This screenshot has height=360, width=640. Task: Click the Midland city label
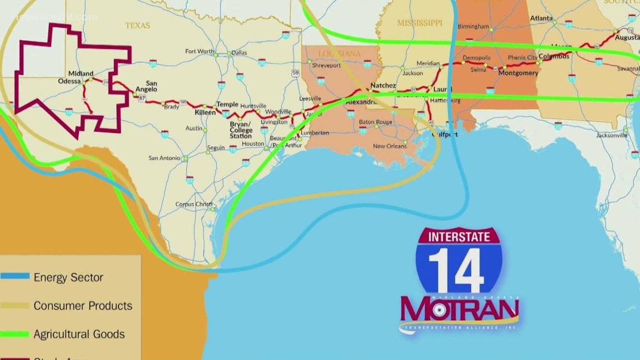[x=80, y=74]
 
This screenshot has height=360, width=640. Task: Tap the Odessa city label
[x=70, y=81]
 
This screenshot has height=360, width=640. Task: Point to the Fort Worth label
[x=199, y=52]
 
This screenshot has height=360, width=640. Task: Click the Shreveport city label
[x=326, y=65]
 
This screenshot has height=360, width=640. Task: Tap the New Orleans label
[x=390, y=147]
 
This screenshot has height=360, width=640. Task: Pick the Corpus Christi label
[x=194, y=204]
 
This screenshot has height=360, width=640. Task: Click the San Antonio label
[x=164, y=158]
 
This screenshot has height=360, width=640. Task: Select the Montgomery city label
[x=518, y=73]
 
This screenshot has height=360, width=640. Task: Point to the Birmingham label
[x=473, y=26]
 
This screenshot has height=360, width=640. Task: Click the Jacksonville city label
[x=611, y=135]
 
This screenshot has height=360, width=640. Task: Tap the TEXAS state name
[x=138, y=25]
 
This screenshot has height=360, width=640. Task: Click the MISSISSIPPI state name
[x=420, y=23]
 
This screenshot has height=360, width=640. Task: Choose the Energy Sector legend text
[x=68, y=277]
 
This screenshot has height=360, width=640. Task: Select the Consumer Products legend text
[x=83, y=306]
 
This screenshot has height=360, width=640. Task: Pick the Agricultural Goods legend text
[x=79, y=334]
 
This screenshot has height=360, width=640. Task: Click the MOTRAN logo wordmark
[x=459, y=308]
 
